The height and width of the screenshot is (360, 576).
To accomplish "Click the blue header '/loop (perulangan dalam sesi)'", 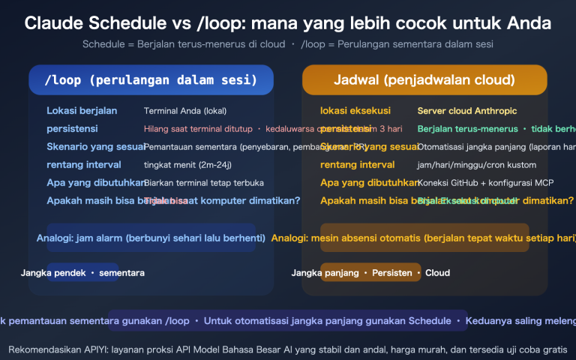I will (x=151, y=79).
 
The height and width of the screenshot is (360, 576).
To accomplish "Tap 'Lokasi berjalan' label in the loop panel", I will (x=82, y=111).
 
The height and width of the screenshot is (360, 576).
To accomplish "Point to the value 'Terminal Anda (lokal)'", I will (x=184, y=111).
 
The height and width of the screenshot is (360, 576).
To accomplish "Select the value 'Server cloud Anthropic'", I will (x=466, y=111).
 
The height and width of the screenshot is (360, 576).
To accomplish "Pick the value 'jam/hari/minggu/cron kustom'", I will (x=477, y=164).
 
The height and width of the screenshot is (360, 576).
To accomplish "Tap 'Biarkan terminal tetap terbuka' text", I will (x=204, y=182).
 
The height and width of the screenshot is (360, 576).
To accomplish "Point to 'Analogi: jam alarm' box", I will (x=151, y=238).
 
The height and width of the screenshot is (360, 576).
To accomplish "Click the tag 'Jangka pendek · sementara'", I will (x=82, y=273).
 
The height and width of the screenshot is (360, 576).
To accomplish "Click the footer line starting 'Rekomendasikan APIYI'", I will (x=288, y=349).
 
